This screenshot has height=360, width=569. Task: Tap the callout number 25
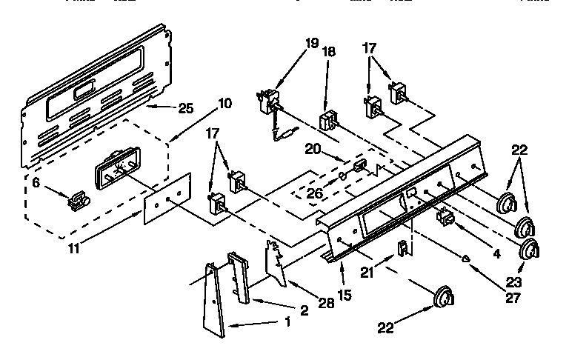[x=186, y=108]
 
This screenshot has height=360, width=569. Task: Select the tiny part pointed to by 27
[x=466, y=259]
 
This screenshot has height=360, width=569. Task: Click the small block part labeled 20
[x=360, y=164]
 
